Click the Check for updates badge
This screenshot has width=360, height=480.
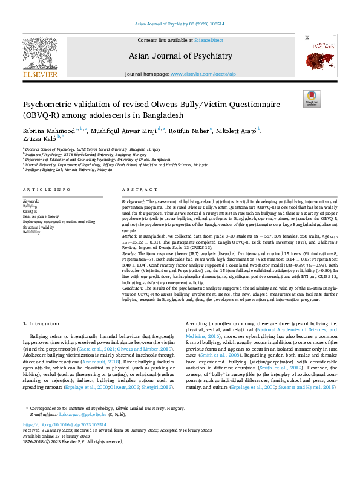(312, 99)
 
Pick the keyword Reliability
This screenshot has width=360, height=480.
(32, 232)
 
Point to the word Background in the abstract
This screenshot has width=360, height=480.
(135, 200)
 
